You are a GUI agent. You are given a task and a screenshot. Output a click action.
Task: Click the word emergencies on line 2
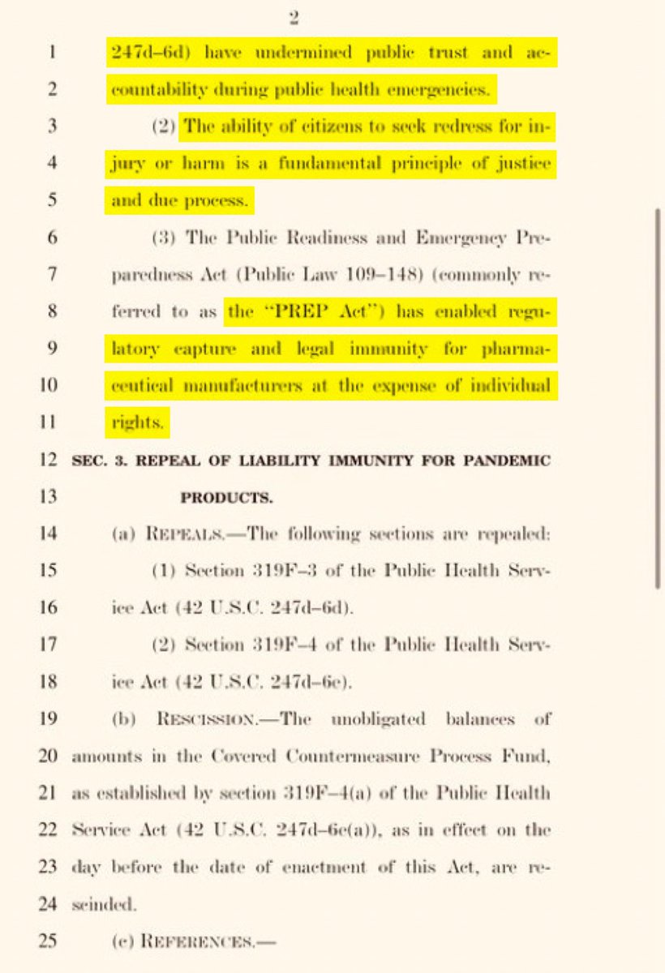point(444,91)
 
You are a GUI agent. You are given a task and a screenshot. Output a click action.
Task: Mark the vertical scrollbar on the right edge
point(658,397)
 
